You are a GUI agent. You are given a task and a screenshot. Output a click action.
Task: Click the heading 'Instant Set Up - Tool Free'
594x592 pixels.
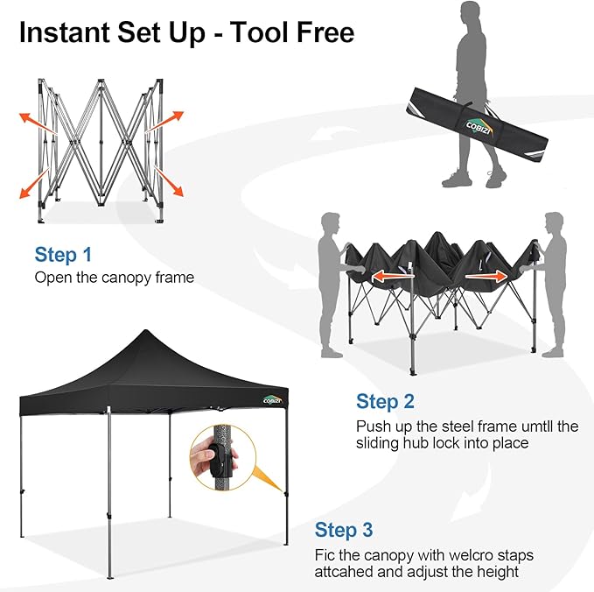click(186, 32)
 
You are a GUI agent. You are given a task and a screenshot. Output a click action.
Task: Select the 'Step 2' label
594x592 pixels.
click(385, 402)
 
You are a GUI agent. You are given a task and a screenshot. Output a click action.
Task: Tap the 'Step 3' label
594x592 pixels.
click(344, 530)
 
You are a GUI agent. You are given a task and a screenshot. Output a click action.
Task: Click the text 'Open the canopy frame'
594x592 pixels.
click(114, 278)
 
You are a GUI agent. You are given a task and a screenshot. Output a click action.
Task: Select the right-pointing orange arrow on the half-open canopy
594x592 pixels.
click(486, 277)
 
